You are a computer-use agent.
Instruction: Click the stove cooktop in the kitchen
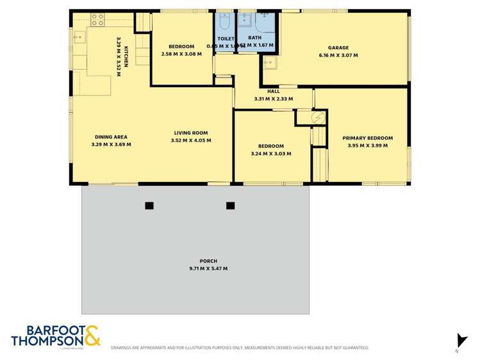coord(97,20)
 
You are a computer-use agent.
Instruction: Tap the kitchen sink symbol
coord(79,37)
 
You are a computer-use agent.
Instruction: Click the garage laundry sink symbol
coord(269,63)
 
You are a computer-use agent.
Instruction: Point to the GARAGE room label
coord(338,47)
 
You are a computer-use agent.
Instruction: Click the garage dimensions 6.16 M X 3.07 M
coord(338,56)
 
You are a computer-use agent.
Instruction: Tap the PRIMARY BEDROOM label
coord(367,138)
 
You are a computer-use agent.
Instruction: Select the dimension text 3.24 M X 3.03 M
coord(271,154)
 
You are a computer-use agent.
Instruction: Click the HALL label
coord(274,91)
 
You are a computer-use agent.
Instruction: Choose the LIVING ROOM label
coord(191,133)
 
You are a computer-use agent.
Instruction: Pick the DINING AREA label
coord(112,136)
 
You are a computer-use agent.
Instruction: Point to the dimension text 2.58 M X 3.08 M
coord(181,54)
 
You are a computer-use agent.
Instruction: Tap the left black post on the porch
coord(149,206)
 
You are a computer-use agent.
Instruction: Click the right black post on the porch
coord(231,206)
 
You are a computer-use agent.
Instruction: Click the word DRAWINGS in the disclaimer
coord(122,348)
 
